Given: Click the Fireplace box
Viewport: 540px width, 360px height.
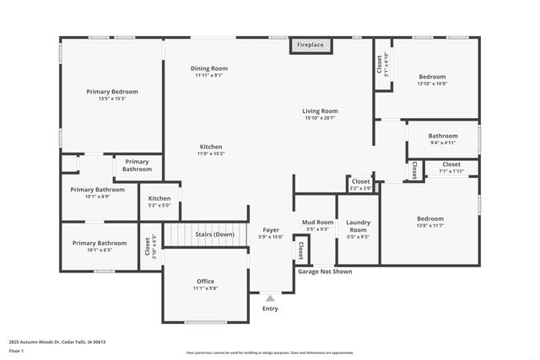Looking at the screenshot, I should click(x=310, y=45).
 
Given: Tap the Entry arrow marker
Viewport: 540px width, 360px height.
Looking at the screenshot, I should click(x=270, y=298).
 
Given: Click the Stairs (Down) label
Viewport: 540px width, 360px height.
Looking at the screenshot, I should click(x=214, y=234).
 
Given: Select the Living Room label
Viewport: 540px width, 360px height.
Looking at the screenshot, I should click(x=321, y=111).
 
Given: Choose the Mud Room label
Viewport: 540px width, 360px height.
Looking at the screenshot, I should click(x=318, y=223).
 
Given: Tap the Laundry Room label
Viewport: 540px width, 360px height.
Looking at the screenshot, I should click(x=358, y=226).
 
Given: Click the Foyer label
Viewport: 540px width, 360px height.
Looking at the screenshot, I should click(x=271, y=229).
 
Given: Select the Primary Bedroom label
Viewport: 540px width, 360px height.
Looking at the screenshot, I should click(x=112, y=91).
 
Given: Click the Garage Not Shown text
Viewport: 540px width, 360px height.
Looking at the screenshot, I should click(x=325, y=271).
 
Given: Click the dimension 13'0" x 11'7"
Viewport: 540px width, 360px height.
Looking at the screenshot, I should click(x=430, y=225).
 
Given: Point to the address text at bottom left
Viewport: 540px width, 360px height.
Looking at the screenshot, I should click(x=57, y=341).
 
